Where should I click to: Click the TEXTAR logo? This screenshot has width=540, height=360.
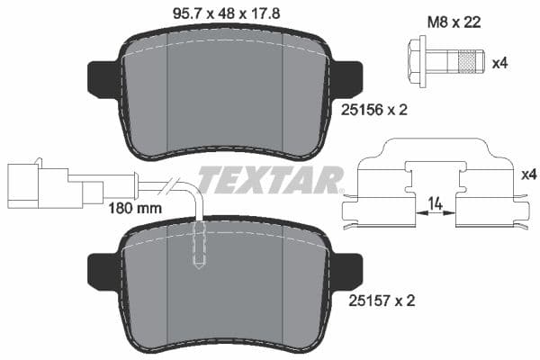click(270, 180)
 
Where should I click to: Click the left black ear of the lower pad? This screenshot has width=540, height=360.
click(102, 270)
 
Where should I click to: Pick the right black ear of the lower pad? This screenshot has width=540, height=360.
click(346, 270)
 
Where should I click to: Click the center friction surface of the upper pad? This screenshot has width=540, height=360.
click(225, 90)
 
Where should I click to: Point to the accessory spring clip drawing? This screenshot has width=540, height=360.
click(436, 184)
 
